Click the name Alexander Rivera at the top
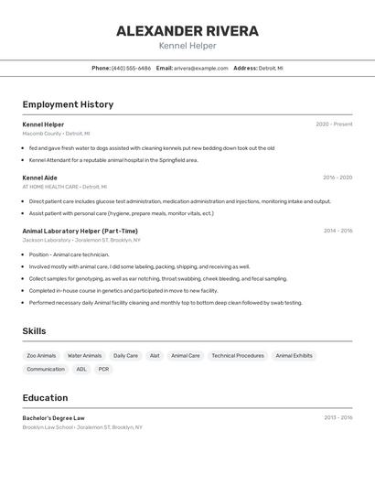pyautogui.click(x=187, y=31)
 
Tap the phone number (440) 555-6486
pyautogui.click(x=131, y=69)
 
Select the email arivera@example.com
pyautogui.click(x=201, y=69)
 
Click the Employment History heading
pyautogui.click(x=68, y=104)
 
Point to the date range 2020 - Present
pyautogui.click(x=334, y=124)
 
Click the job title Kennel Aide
pyautogui.click(x=39, y=178)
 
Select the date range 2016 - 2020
pyautogui.click(x=337, y=178)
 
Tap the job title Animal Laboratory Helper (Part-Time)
pyautogui.click(x=80, y=231)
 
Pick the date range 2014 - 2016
pyautogui.click(x=337, y=231)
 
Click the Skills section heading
pyautogui.click(x=35, y=331)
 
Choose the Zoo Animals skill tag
pyautogui.click(x=41, y=355)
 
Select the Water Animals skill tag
pyautogui.click(x=84, y=355)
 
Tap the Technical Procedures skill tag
pyautogui.click(x=238, y=355)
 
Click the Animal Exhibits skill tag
pyautogui.click(x=294, y=355)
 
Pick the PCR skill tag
pyautogui.click(x=103, y=369)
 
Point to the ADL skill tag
pyautogui.click(x=81, y=369)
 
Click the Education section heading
pyautogui.click(x=45, y=398)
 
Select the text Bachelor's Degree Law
pyautogui.click(x=53, y=417)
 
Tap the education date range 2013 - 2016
pyautogui.click(x=337, y=417)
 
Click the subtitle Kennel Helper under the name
pyautogui.click(x=187, y=46)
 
